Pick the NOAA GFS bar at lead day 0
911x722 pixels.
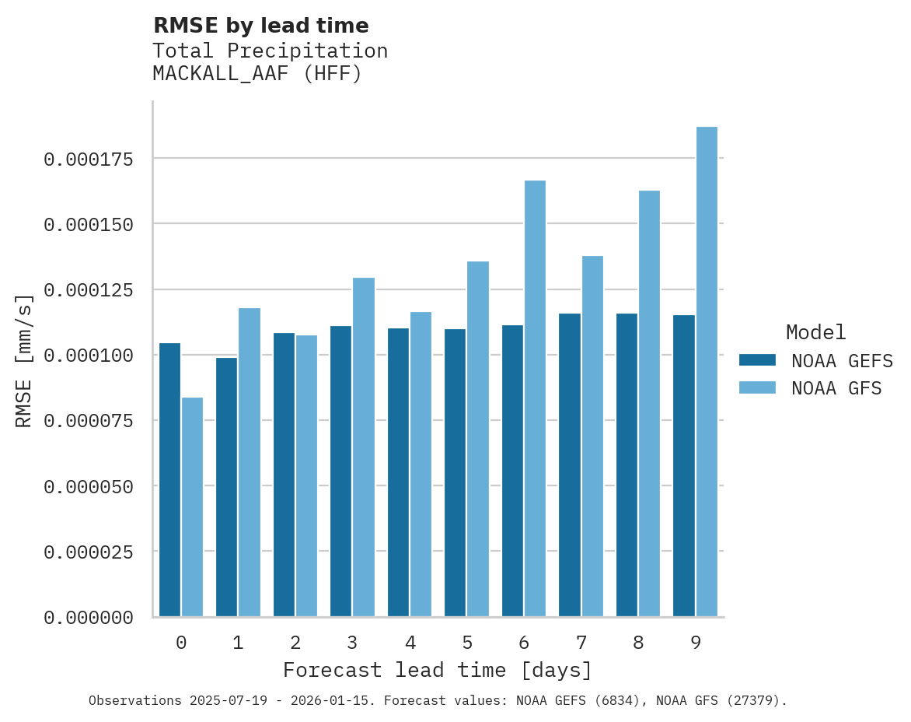tap(192, 506)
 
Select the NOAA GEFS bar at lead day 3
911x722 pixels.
tap(340, 471)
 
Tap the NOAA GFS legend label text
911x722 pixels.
tap(836, 387)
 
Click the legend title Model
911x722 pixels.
tap(815, 332)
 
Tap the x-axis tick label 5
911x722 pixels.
tap(467, 643)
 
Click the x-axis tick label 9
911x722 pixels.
tap(696, 643)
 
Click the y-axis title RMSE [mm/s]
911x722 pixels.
tap(24, 360)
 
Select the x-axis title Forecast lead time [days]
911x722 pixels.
tap(438, 670)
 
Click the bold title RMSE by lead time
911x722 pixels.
tap(260, 26)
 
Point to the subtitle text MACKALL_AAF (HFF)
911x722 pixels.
tap(257, 74)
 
